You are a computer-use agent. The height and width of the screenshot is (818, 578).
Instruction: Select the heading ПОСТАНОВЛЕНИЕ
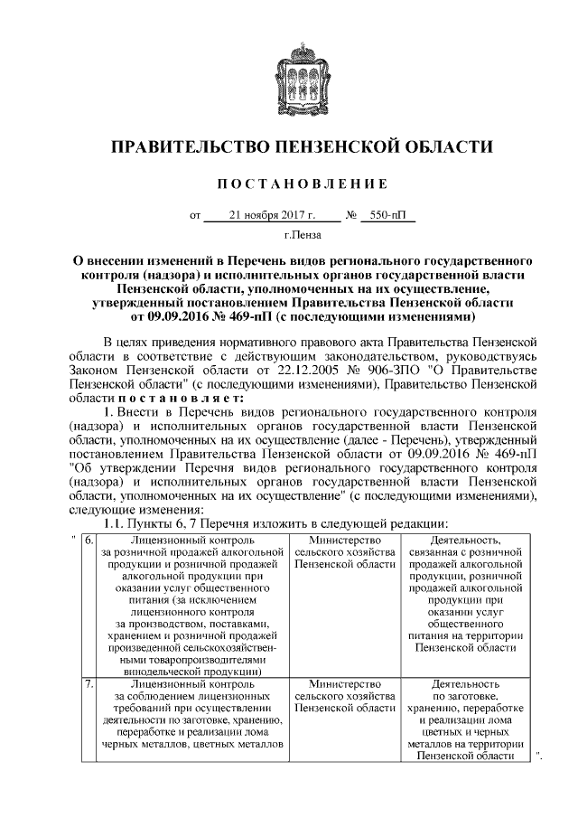[x=290, y=184]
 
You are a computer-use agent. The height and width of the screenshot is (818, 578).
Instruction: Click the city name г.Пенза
[x=290, y=237]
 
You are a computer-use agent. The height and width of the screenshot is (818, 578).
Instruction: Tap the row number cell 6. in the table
[x=88, y=541]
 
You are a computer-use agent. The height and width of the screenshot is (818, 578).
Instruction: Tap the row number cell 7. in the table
[x=88, y=684]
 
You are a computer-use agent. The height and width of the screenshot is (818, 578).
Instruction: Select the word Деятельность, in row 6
[x=472, y=541]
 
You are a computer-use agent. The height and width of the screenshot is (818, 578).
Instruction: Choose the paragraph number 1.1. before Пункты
[x=119, y=524]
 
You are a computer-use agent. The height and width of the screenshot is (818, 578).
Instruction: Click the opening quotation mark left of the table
[x=72, y=540]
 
